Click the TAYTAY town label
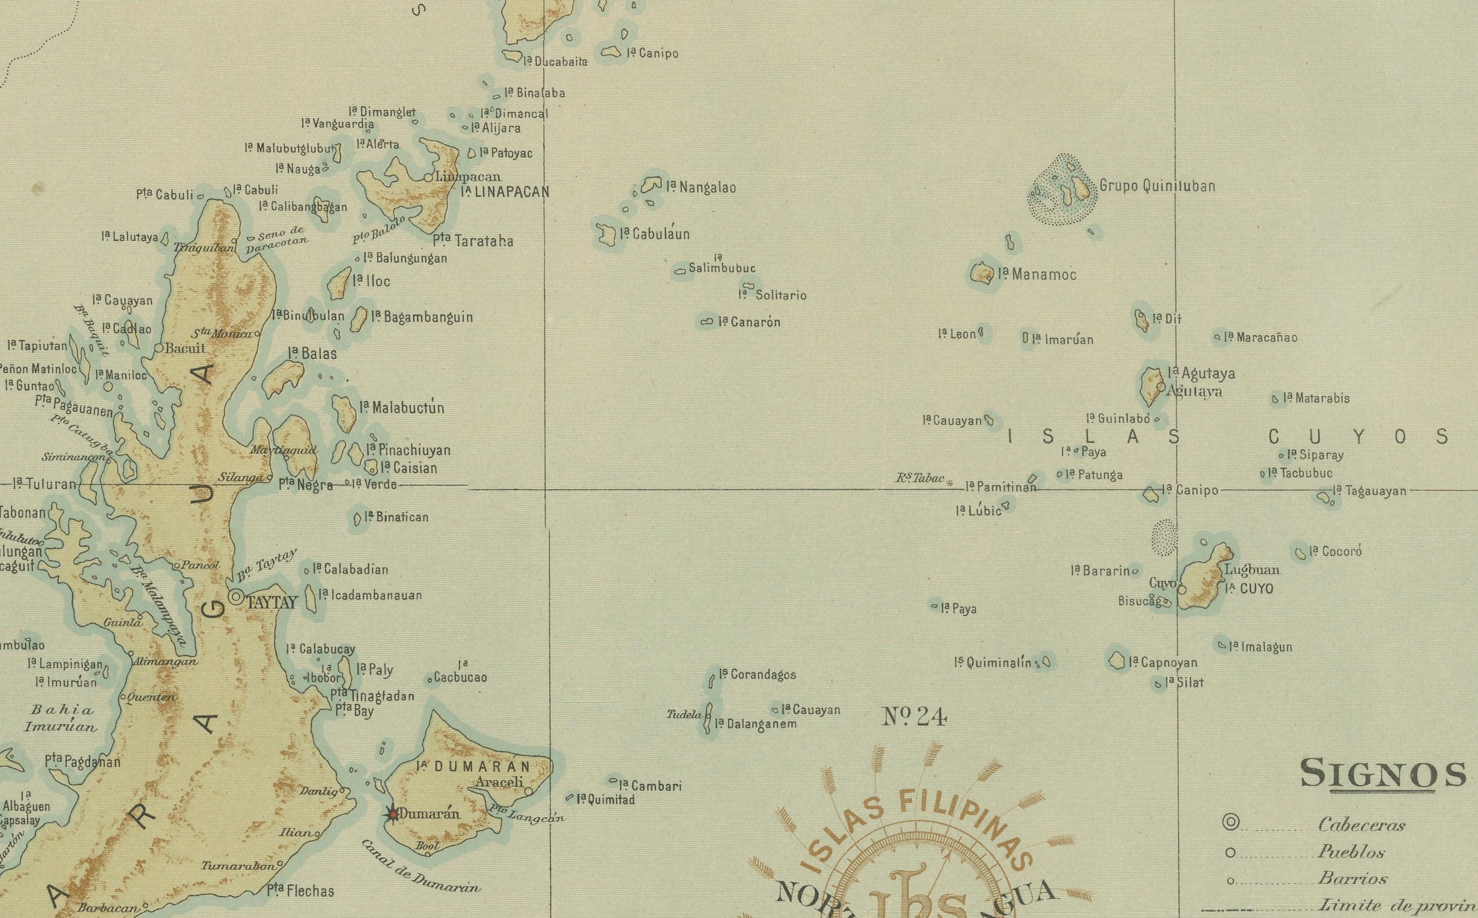(x=271, y=602)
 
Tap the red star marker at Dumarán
(x=393, y=814)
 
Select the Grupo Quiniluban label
(x=1157, y=186)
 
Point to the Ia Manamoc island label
(x=1037, y=274)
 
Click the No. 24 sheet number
(x=914, y=718)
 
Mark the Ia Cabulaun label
(x=655, y=234)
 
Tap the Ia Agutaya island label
(x=1201, y=373)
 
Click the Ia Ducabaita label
(x=555, y=61)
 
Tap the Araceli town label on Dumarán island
(x=499, y=782)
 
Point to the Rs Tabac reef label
(x=920, y=478)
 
